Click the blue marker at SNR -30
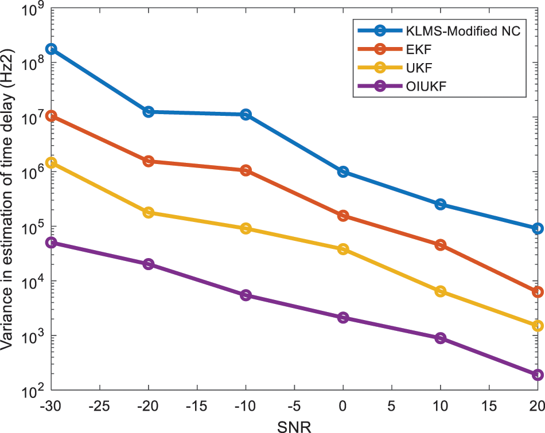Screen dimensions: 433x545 pyautogui.click(x=51, y=49)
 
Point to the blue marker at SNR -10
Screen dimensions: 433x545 pyautogui.click(x=246, y=115)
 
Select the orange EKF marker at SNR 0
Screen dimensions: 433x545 pyautogui.click(x=343, y=216)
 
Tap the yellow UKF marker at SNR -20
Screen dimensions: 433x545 pyautogui.click(x=149, y=212)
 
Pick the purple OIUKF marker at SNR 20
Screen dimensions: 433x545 pyautogui.click(x=538, y=375)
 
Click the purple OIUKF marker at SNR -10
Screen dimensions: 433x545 pyautogui.click(x=246, y=295)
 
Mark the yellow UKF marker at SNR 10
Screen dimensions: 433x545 pyautogui.click(x=441, y=291)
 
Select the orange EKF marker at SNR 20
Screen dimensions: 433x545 pyautogui.click(x=538, y=292)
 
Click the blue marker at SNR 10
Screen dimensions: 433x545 pyautogui.click(x=441, y=204)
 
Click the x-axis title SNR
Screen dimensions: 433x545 pyautogui.click(x=294, y=425)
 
